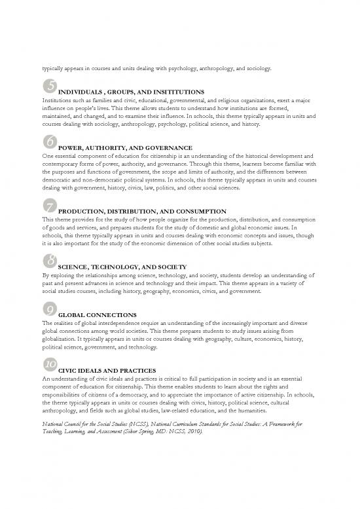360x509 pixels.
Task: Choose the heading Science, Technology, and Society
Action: point(122,268)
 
